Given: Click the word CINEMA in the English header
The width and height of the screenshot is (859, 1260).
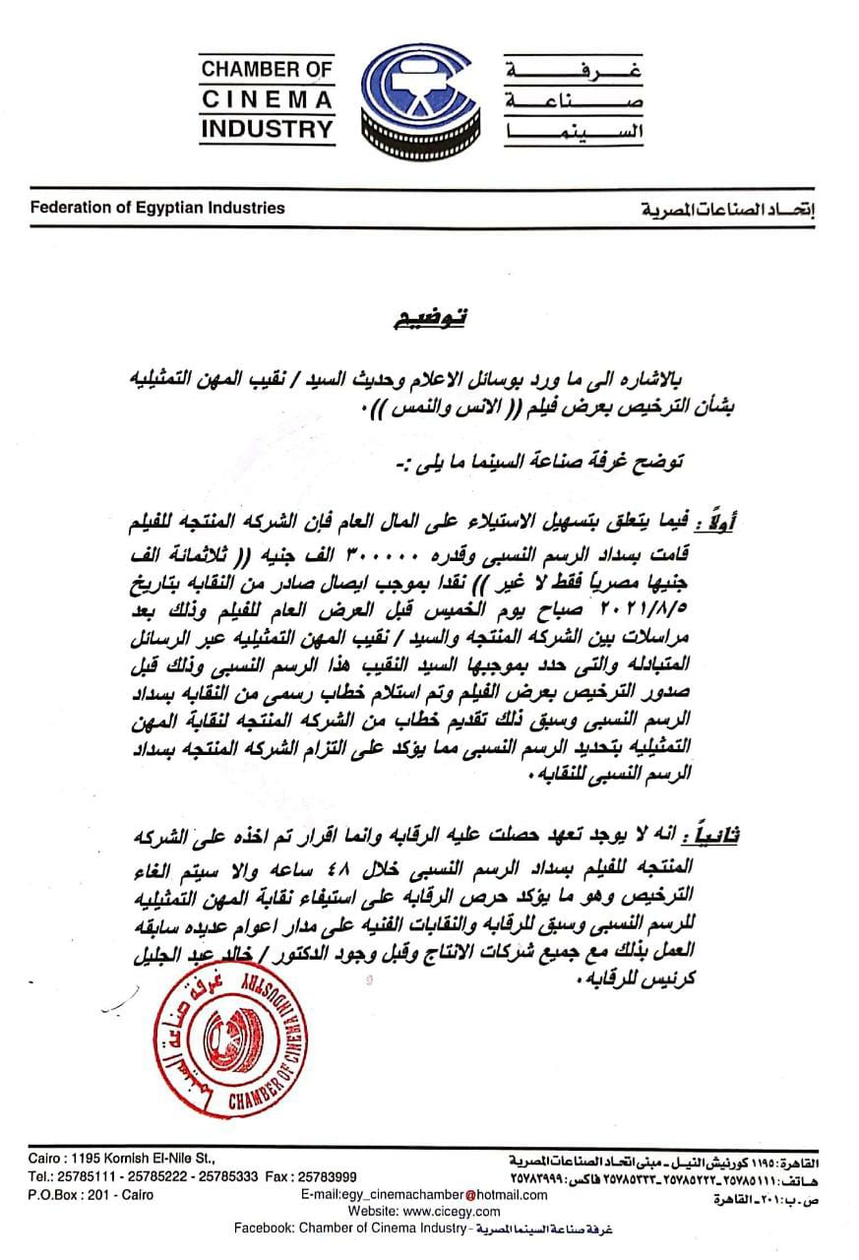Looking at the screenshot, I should [x=267, y=98].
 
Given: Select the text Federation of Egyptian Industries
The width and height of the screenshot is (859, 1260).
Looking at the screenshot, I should [x=157, y=208].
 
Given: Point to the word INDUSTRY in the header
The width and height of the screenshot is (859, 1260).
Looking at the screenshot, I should [x=267, y=127].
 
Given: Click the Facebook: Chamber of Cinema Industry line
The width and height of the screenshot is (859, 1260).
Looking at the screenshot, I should [x=348, y=1228].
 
